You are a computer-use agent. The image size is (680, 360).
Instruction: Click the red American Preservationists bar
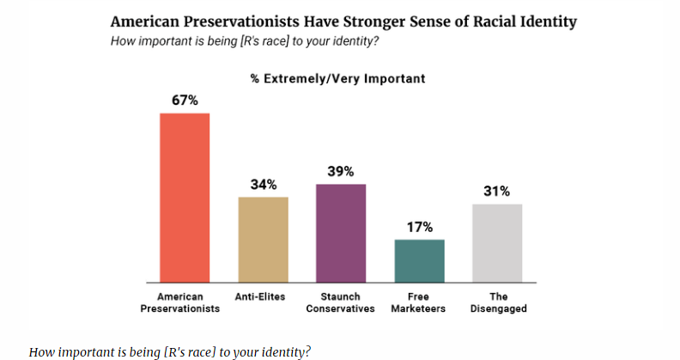(x=185, y=198)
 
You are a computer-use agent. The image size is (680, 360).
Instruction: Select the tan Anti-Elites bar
(x=263, y=240)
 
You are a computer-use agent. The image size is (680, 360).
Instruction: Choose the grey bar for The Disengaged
(x=496, y=243)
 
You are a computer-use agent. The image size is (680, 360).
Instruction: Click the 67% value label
(x=185, y=101)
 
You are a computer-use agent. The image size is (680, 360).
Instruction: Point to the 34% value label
(x=264, y=185)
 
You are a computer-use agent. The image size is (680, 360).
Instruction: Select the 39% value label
(x=341, y=172)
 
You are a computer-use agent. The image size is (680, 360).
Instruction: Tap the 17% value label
(x=419, y=227)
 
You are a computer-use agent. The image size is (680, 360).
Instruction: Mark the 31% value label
(x=497, y=192)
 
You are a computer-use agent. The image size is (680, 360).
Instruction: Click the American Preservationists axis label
(x=180, y=302)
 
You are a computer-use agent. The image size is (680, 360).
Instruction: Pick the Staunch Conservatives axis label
(x=341, y=302)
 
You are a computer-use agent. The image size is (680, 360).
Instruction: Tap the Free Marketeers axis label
(x=418, y=302)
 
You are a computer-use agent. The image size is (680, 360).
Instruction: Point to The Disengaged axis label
(x=497, y=302)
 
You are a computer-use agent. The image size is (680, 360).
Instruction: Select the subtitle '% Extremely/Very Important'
(x=337, y=79)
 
